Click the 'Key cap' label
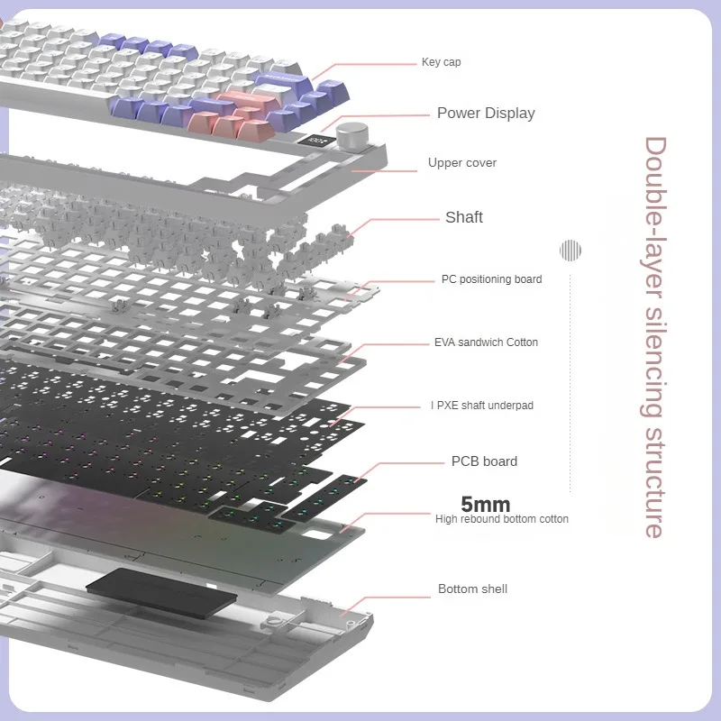point(441,62)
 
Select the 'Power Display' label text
point(486,113)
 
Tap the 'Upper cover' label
point(461,163)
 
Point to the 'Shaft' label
point(463,217)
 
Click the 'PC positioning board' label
point(491,279)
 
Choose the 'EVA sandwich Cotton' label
point(486,342)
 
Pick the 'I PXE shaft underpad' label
point(481,406)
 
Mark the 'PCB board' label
point(484,461)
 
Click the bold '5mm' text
point(485,504)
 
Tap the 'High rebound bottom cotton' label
point(501,519)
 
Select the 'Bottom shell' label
point(472,589)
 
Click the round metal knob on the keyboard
point(348,136)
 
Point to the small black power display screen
point(316,141)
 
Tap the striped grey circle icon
point(570,250)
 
